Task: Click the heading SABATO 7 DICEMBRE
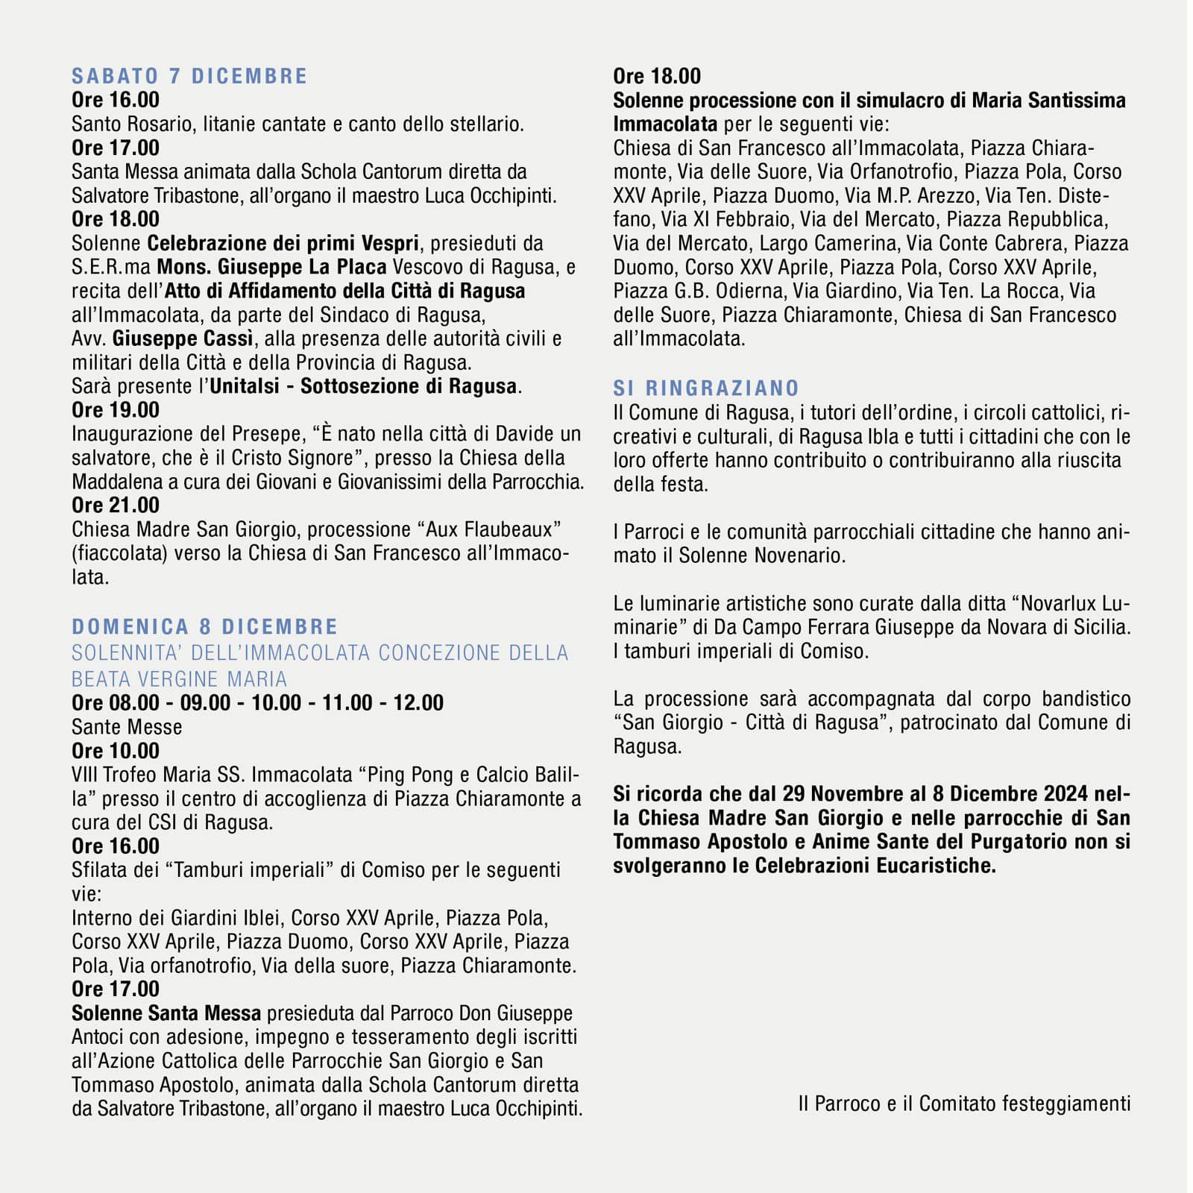point(189,76)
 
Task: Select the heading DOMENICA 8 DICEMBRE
point(205,626)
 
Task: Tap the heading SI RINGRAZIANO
point(706,388)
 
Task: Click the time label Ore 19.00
point(116,410)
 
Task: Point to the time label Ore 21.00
point(116,506)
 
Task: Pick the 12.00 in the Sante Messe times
point(418,703)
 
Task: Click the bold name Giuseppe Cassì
point(183,339)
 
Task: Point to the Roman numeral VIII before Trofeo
point(85,775)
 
